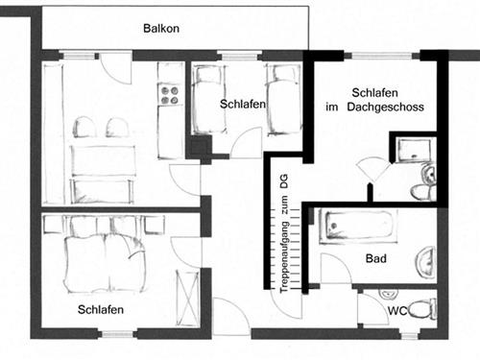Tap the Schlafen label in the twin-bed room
pos(242,104)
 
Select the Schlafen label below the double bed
pos(101,309)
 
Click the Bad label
pos(376,259)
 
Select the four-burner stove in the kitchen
pos(170,94)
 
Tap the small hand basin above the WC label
pos(388,293)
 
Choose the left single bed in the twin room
pos(206,99)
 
